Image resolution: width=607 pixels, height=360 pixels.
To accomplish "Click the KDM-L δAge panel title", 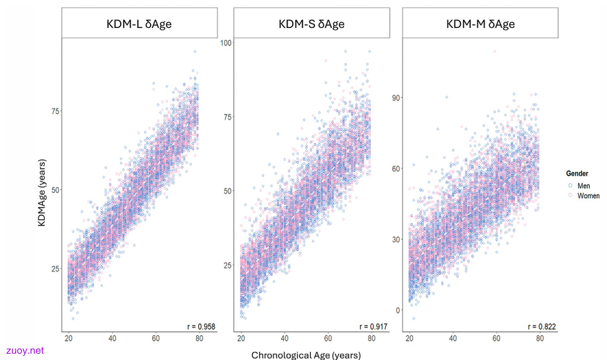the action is coord(139,24).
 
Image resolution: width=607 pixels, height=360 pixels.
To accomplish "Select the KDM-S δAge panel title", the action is coord(312,24).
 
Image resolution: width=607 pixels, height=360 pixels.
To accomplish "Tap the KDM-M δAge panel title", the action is coord(481,24).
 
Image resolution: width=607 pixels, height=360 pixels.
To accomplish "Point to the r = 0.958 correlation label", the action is coord(201,327).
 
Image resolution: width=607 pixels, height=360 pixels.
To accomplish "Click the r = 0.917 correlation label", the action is coord(373,327).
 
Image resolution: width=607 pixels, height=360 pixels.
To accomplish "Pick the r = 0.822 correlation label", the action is coord(542,327).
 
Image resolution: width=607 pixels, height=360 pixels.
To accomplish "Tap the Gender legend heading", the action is coord(576,173).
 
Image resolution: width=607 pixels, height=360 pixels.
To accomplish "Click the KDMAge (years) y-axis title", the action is coord(42,193).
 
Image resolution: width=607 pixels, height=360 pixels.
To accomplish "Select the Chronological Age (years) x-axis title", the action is coord(306,355).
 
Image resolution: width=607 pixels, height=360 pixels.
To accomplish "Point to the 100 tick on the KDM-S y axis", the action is coord(226,42).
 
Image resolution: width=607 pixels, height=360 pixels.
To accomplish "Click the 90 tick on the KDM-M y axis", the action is coord(395,98).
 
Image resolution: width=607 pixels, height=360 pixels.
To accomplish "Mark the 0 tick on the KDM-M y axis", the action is coord(398,310).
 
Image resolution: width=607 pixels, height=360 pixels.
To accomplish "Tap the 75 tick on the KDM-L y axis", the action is coord(56,111).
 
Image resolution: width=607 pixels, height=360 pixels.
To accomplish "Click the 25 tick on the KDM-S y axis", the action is coord(228,265).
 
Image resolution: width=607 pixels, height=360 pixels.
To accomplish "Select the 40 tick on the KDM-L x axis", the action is coord(112,338).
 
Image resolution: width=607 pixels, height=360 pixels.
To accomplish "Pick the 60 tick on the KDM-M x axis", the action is coord(496,338).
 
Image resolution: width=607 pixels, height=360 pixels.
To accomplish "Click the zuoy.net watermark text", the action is coord(25,351).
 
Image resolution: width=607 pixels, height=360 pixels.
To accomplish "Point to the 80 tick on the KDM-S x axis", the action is coord(371,338).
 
